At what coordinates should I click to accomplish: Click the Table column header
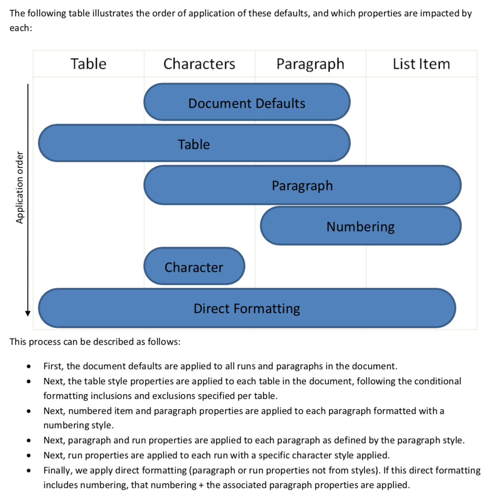(88, 64)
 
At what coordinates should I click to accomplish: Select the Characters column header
(199, 64)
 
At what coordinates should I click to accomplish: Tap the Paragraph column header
(310, 64)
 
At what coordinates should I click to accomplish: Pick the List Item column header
(421, 64)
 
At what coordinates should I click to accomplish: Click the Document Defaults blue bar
(247, 103)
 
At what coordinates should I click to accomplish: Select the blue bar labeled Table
(194, 144)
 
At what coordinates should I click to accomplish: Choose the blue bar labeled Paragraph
(302, 185)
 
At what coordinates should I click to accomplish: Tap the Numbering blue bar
(360, 226)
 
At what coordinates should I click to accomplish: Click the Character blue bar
(194, 267)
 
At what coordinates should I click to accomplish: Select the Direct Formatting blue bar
(247, 309)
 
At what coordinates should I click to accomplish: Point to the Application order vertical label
(19, 188)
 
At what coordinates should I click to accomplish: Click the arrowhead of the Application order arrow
(28, 313)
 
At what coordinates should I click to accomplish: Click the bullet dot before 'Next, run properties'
(29, 455)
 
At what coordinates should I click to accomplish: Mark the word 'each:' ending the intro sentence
(20, 28)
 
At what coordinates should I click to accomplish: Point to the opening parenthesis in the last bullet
(190, 471)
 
